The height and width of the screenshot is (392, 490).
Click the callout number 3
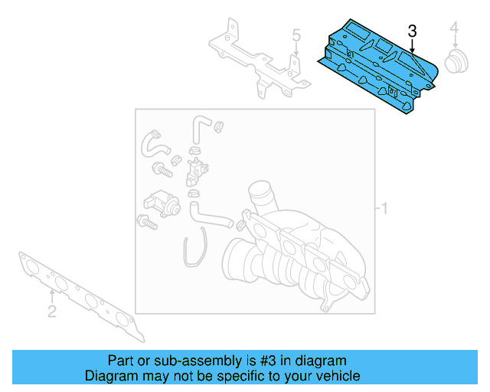[412, 31]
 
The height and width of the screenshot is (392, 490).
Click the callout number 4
[454, 29]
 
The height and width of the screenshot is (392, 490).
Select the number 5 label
[296, 34]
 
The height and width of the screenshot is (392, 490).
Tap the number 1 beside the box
[385, 208]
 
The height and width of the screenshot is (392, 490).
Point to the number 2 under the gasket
[52, 310]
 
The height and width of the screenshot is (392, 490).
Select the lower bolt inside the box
[146, 223]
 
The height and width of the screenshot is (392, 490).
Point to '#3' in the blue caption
[266, 361]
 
